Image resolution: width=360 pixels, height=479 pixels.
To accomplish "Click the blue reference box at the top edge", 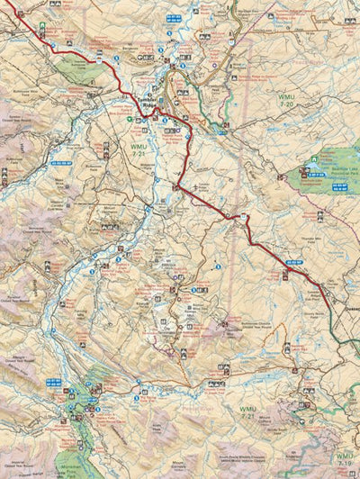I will [x=174, y=17].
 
